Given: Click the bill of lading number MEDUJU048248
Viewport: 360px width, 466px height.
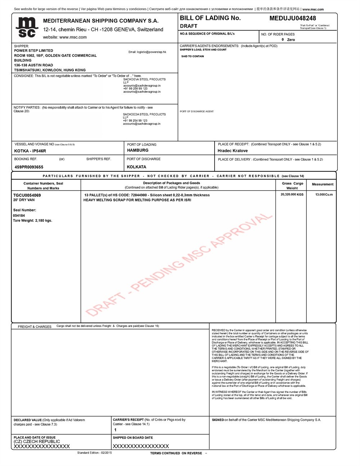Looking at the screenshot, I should coord(292,18).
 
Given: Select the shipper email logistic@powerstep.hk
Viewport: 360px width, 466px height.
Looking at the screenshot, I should coord(147,52).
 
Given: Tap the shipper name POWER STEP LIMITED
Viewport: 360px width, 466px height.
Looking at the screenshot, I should coord(33,51).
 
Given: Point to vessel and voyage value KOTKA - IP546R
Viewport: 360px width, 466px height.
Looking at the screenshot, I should coord(30,151).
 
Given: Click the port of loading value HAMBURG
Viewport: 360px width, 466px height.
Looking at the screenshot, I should coord(138,151).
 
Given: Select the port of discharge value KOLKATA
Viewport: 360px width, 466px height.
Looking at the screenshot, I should coord(136,167).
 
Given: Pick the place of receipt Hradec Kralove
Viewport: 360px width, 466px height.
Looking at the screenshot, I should coord(233,151).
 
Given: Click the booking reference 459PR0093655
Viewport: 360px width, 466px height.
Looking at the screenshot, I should coord(29,167).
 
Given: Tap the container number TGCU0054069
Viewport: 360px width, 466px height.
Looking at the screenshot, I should coord(27,195).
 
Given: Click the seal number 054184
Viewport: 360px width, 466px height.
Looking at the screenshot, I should coord(19,216).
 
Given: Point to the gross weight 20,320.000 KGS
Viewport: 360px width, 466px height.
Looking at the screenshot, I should coord(292,194).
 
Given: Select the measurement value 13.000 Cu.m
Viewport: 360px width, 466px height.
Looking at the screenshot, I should coord(324,194).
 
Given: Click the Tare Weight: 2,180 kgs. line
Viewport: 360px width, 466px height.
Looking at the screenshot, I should coord(32,221).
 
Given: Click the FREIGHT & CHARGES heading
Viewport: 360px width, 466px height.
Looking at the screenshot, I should coord(35,327).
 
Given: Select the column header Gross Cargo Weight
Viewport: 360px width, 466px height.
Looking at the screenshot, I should coord(292,186).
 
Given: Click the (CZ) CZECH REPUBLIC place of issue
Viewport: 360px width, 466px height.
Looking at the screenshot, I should coord(37,442).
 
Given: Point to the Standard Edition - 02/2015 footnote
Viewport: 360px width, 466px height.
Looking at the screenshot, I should coord(94,453).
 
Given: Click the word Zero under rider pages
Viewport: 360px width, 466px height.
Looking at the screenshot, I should coord(291,40).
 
